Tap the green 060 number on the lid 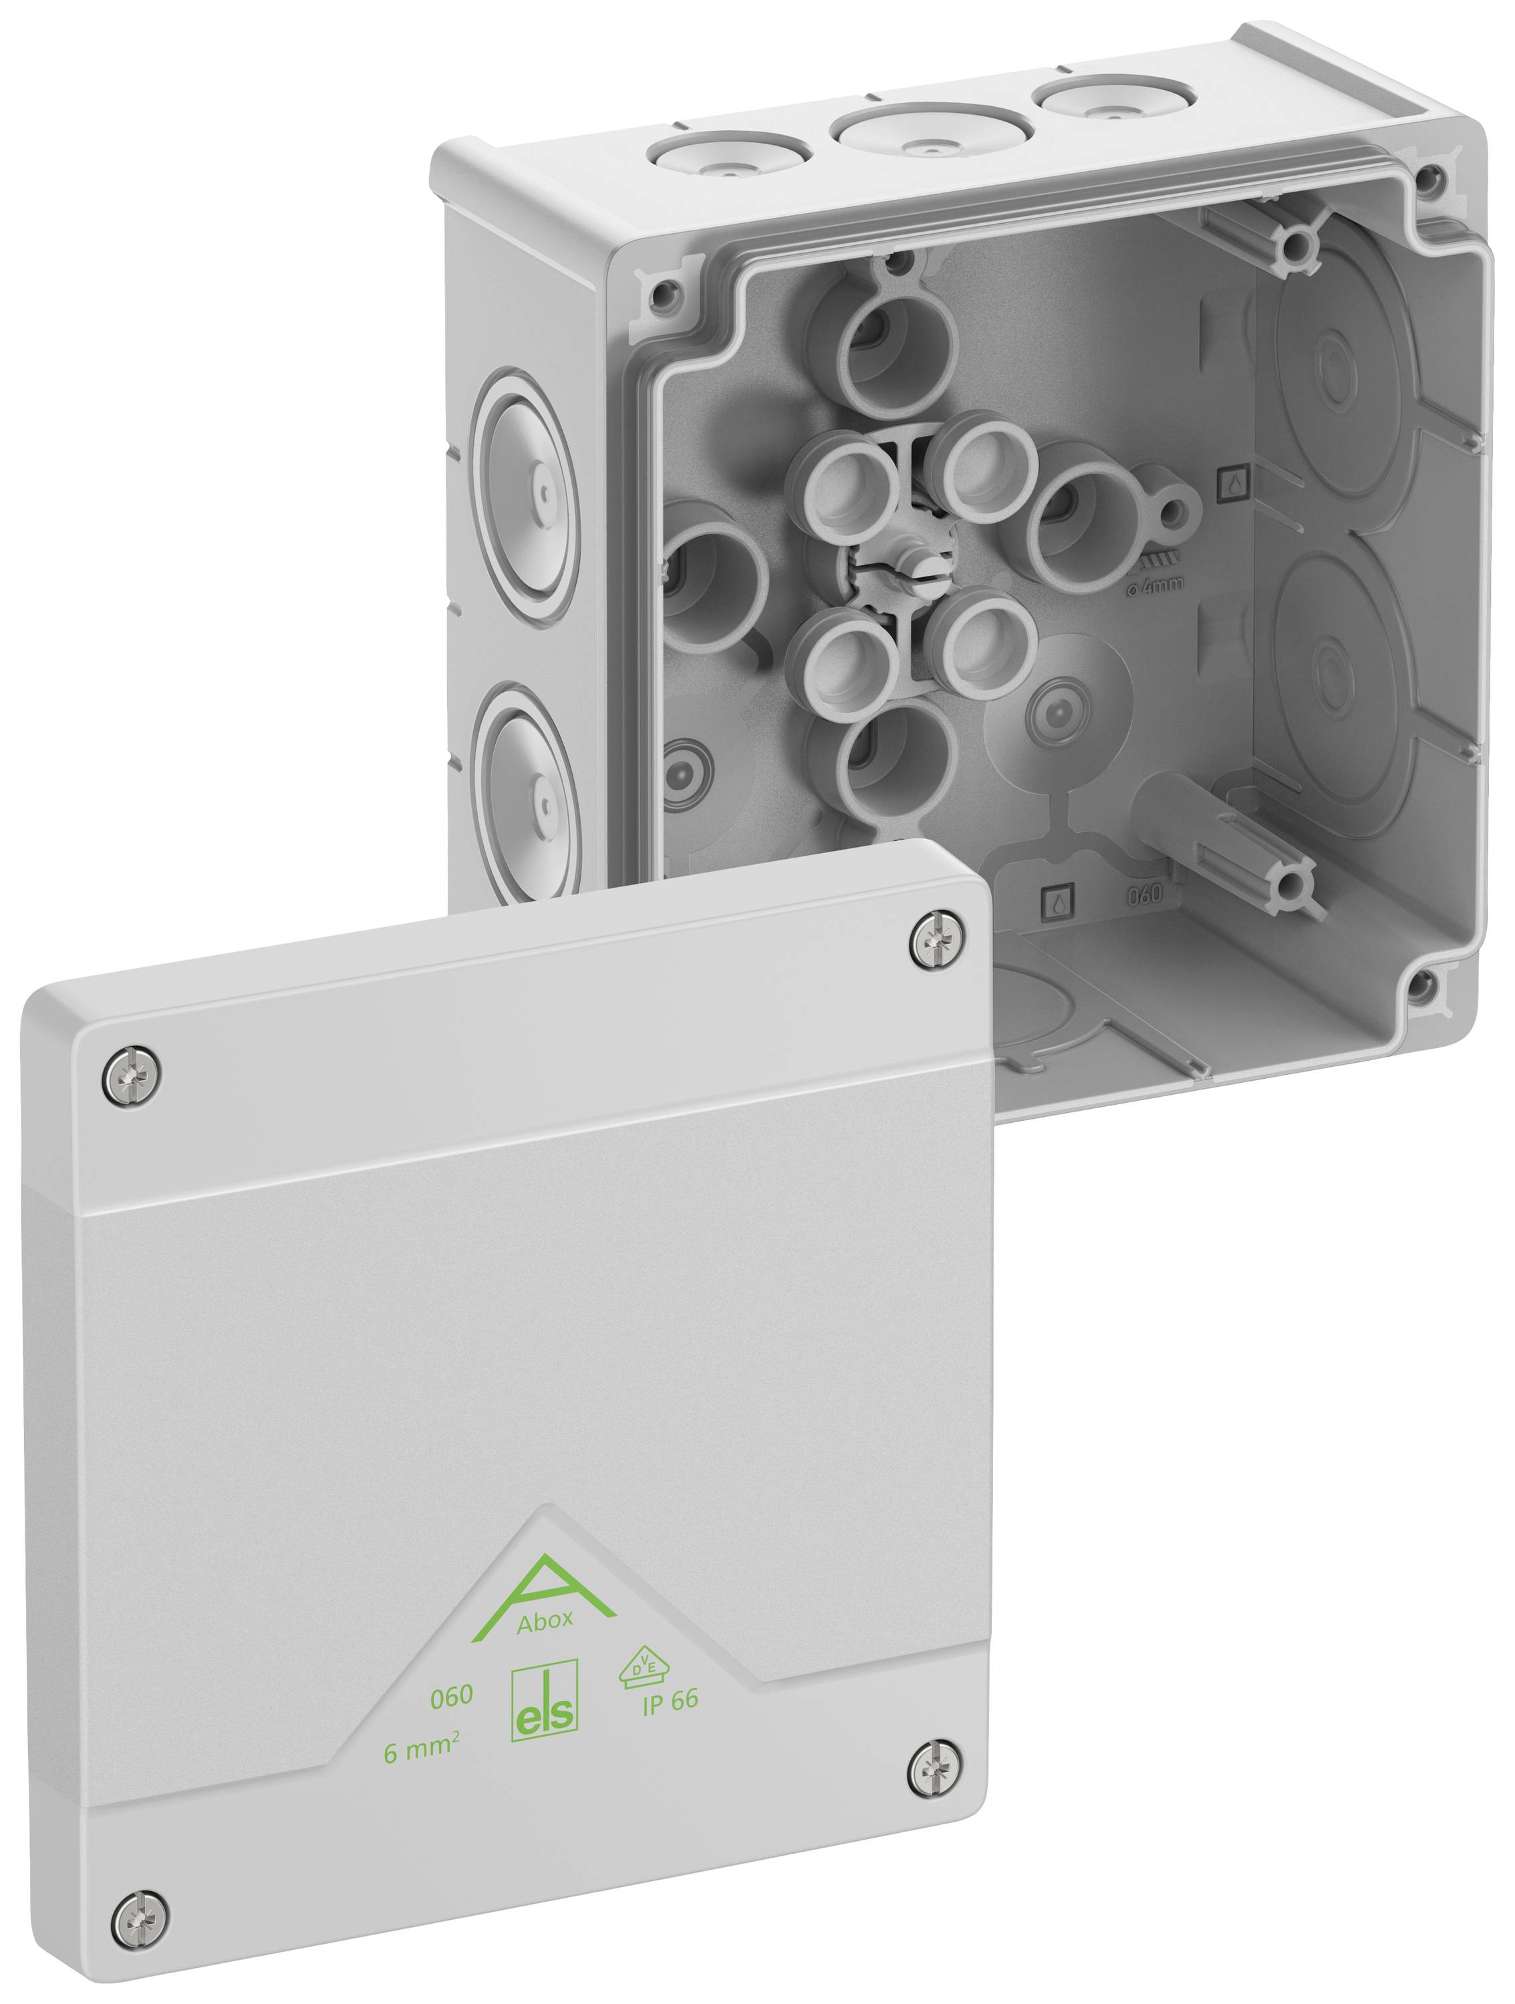451,1695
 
